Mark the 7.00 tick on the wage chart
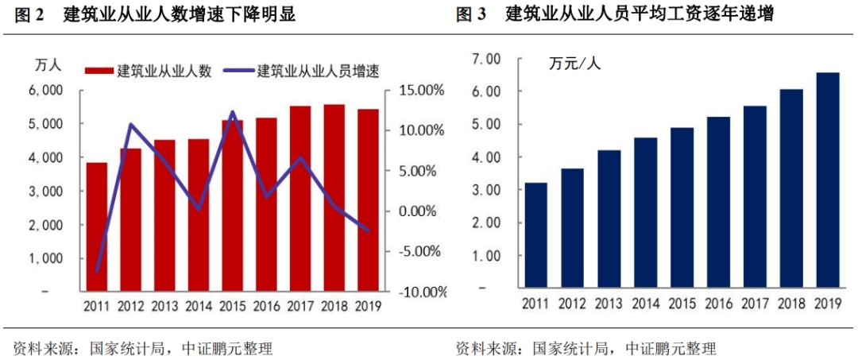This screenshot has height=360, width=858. (485, 59)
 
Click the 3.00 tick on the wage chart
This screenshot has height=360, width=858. (485, 191)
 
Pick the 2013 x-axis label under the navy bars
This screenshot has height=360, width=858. (609, 303)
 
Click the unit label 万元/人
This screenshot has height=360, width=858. (575, 64)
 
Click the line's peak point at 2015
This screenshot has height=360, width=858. (233, 112)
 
